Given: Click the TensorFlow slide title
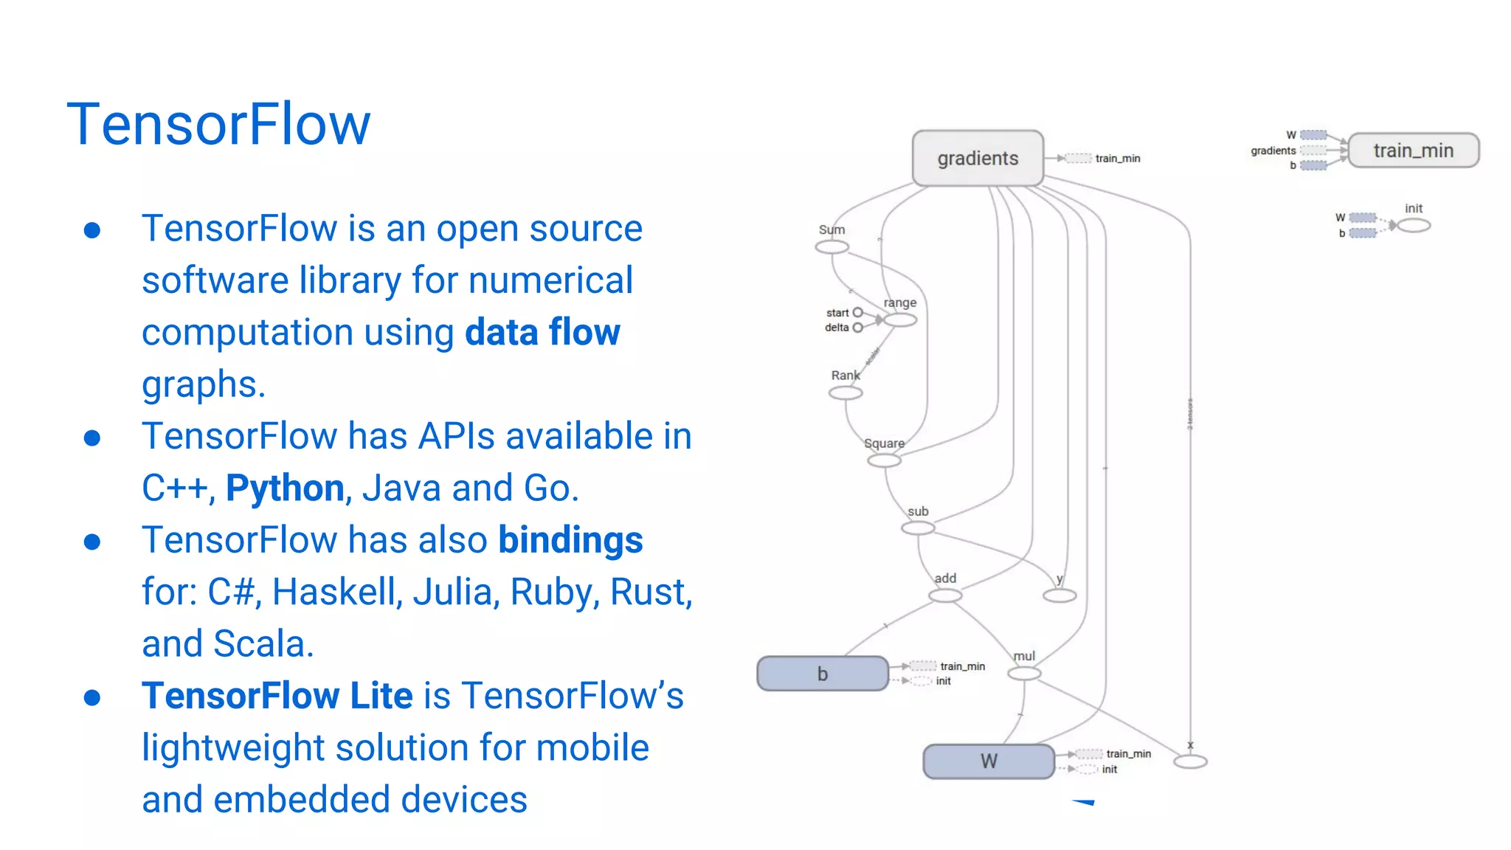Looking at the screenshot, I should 218,124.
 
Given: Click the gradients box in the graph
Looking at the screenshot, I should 978,158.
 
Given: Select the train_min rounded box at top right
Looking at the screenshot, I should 1413,151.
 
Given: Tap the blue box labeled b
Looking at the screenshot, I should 823,674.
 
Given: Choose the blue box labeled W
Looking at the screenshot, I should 989,761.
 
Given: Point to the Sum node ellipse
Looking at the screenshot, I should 831,247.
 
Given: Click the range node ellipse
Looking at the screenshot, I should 900,320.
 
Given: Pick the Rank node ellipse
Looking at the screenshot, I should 846,393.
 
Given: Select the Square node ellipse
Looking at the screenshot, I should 884,461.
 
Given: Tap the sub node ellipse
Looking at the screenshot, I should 918,528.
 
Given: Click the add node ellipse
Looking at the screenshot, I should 945,595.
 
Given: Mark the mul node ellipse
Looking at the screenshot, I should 1024,674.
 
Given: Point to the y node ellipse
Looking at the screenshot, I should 1059,595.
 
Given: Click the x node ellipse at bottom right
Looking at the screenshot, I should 1190,761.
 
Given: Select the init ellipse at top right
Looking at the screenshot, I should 1414,226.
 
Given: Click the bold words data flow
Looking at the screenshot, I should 542,332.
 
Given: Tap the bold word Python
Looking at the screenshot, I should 285,488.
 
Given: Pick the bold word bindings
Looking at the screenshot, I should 570,539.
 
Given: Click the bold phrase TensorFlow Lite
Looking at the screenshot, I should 277,696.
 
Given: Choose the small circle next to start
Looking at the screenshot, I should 857,313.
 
